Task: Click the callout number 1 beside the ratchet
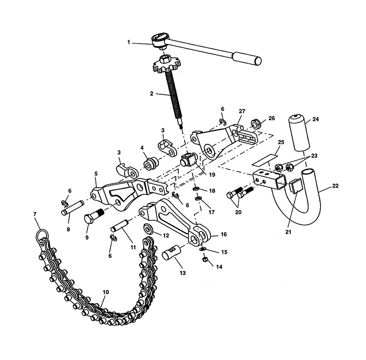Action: (x=129, y=42)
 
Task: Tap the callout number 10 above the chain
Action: (x=105, y=292)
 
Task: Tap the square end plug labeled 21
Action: (x=295, y=187)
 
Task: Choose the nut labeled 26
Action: (x=255, y=123)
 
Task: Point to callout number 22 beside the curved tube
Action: (x=336, y=186)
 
